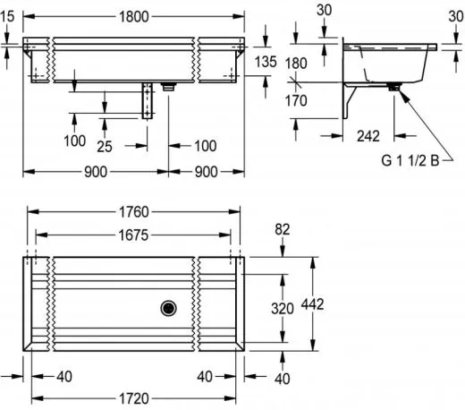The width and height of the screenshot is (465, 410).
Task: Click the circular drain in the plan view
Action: [x=168, y=308]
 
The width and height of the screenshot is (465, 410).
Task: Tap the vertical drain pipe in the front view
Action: [x=148, y=100]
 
